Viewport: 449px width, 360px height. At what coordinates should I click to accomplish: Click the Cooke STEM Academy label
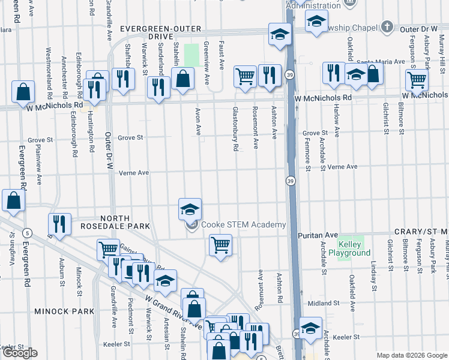243,225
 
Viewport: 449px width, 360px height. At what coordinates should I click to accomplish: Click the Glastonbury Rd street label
236,129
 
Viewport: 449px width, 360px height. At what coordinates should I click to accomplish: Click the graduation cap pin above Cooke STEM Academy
190,210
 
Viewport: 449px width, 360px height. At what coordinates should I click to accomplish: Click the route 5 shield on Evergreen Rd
26,232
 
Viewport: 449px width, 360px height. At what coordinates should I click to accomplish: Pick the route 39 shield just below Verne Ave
290,181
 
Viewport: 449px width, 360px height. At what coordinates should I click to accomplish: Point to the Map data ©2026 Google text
412,355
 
